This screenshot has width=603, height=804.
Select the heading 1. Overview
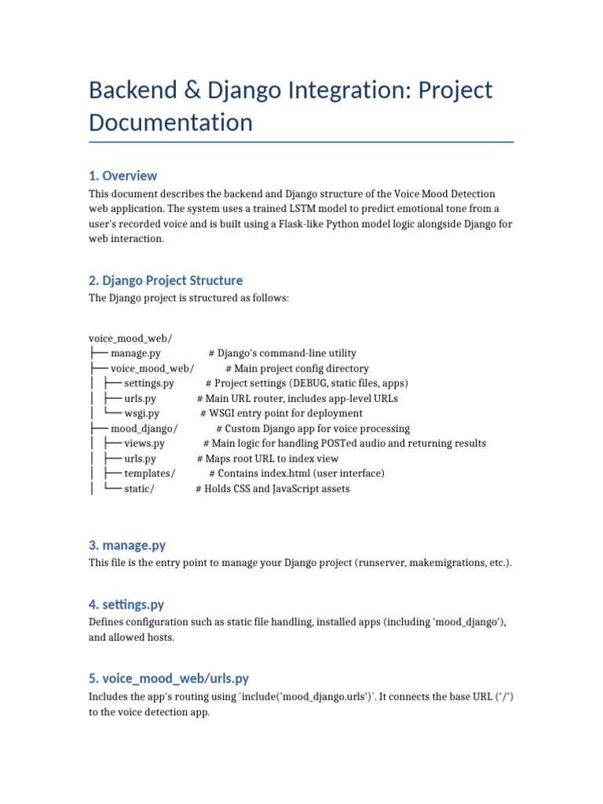122,175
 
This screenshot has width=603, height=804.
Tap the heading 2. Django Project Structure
166,280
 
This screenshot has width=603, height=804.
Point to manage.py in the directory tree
135,353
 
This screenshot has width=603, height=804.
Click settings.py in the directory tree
148,383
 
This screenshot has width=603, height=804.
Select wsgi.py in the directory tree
141,413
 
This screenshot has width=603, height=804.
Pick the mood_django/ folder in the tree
144,429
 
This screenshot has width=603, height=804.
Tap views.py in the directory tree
144,444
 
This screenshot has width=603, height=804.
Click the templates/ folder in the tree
149,473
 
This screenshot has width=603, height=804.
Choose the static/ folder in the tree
139,488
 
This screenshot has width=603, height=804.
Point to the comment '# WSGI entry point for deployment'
281,413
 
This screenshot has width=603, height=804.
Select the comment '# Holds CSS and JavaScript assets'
272,488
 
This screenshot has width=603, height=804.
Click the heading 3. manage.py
127,546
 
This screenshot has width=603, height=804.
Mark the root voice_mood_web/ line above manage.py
130,338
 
